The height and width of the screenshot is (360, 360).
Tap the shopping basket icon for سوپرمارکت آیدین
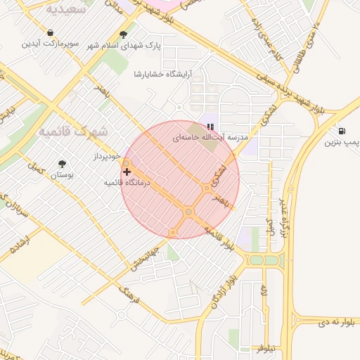point(51,32)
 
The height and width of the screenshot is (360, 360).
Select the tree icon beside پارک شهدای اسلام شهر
point(123,34)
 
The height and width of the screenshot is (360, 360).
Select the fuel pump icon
point(342,131)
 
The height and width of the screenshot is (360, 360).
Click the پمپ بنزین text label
point(342,143)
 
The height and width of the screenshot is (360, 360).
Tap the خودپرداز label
point(108,155)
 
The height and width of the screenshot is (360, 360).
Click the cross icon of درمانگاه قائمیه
point(127,171)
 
